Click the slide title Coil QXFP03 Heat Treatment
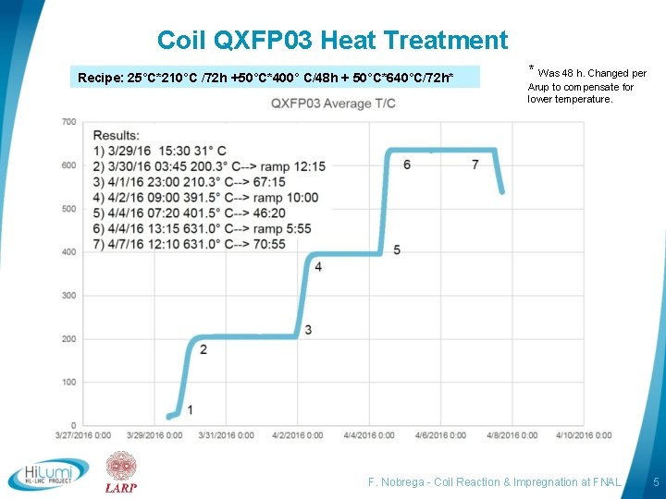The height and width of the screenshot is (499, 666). [x=332, y=41]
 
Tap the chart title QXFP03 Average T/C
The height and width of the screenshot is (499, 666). [x=333, y=103]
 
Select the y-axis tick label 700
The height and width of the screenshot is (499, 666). [x=68, y=122]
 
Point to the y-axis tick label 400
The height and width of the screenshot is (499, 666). [x=68, y=252]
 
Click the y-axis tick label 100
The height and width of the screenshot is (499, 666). [x=68, y=382]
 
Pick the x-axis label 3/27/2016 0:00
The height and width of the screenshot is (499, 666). [x=82, y=435]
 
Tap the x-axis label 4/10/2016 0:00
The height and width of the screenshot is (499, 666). [x=584, y=435]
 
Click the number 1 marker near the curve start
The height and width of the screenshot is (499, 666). [x=191, y=409]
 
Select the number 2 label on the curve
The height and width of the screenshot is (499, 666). [x=203, y=349]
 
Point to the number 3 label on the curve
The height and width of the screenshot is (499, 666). [x=308, y=330]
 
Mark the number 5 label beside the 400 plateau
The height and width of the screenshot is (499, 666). [x=397, y=249]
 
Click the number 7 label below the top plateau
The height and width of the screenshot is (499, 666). [x=475, y=164]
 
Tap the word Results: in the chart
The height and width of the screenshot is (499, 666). [x=117, y=136]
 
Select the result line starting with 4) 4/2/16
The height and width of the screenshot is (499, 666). [x=205, y=197]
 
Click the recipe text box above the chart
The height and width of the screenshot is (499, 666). [x=277, y=77]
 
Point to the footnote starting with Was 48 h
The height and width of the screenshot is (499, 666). [x=586, y=85]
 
